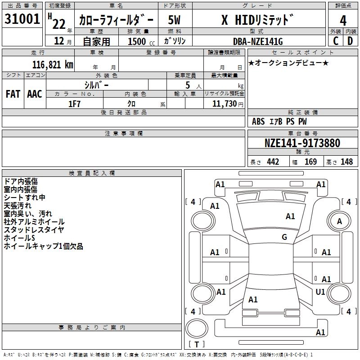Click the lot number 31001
point(22,19)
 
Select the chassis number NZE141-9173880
point(302,143)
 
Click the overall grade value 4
point(343,21)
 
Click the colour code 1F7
point(74,104)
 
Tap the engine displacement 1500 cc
point(140,41)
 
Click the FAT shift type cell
point(13,94)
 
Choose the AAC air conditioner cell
point(35,94)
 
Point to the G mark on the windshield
point(284,237)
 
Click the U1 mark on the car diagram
point(320,292)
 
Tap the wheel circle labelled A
point(339,221)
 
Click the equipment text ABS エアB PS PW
point(279,121)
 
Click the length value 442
point(273,162)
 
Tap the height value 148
point(346,162)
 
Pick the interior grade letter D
point(350,40)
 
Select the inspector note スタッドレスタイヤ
point(34,230)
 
